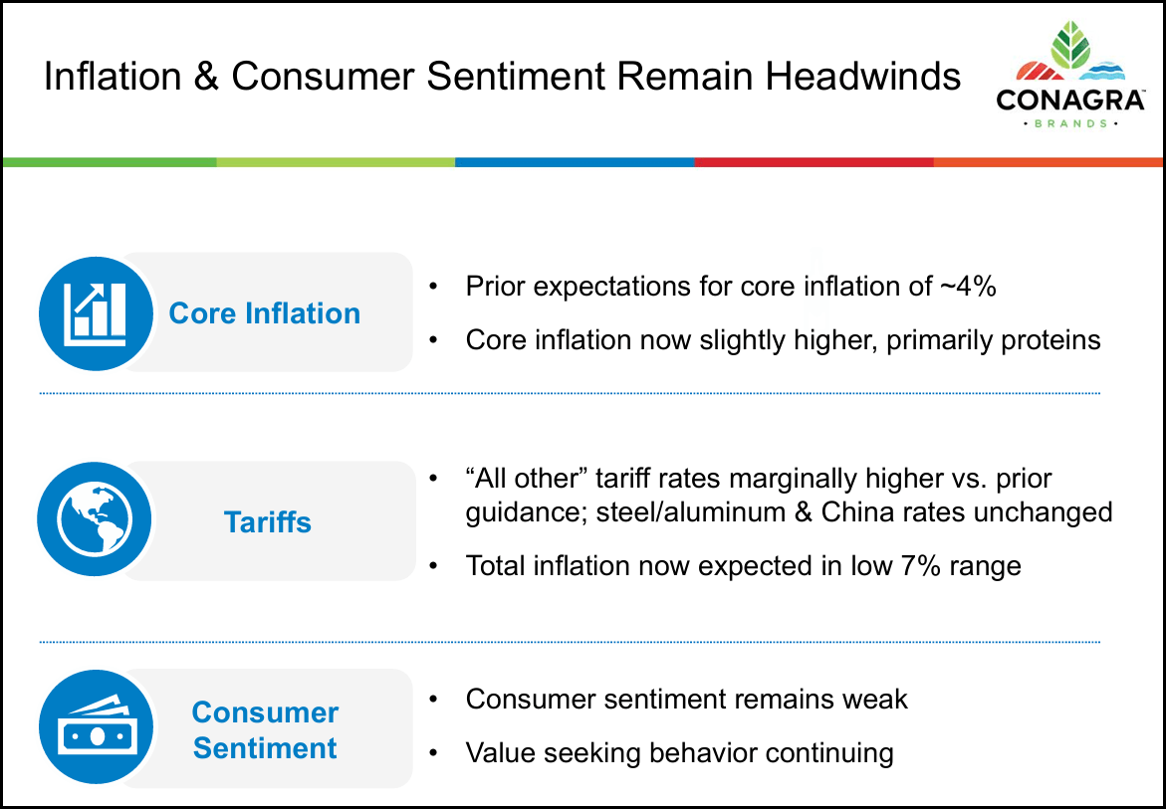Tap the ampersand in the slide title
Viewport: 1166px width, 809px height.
tap(206, 78)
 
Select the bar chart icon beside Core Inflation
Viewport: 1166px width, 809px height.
tap(96, 312)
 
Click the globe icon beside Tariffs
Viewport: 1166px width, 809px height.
tap(95, 519)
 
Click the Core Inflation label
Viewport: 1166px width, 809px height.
tap(265, 313)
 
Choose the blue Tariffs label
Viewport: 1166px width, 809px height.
tap(267, 522)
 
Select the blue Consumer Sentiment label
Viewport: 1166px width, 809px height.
tap(265, 730)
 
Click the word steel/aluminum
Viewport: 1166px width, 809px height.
tap(684, 512)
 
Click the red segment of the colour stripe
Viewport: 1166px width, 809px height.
tap(813, 161)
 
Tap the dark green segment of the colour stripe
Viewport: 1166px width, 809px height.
tap(110, 161)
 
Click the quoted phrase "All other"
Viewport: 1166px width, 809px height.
tap(527, 479)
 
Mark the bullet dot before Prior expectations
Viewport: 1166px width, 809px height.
tap(433, 288)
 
